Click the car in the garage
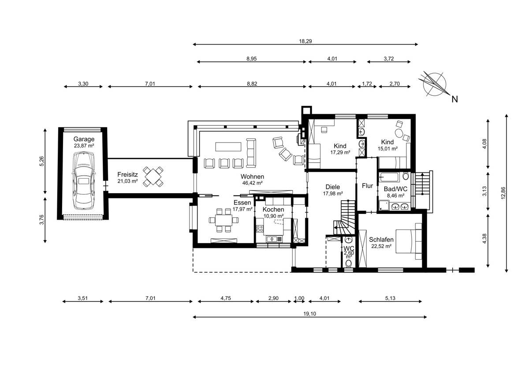84,181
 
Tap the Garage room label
84,139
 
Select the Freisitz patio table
153,177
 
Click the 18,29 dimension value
305,41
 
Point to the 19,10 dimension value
309,314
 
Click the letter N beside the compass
454,100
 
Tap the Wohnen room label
252,176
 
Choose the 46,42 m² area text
253,183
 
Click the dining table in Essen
224,220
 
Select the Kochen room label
273,209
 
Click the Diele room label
332,187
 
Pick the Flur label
367,186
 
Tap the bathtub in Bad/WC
390,177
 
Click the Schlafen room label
381,239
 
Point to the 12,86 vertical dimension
503,193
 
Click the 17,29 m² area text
340,153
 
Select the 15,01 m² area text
387,149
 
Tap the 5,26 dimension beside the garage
41,161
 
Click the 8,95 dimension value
252,59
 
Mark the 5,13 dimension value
390,298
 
